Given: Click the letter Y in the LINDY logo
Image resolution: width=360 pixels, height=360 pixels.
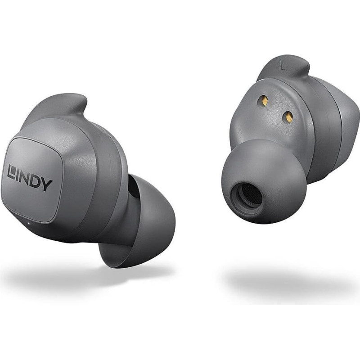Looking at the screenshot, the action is click(x=47, y=184).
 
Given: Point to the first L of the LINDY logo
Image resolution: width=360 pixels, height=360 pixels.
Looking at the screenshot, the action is click(x=11, y=172).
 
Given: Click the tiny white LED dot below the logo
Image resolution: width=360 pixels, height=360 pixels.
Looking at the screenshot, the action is click(x=28, y=223).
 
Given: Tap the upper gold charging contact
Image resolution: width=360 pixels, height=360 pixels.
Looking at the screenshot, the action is click(x=265, y=100).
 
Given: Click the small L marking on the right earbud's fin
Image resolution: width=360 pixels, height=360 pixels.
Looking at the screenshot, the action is click(x=283, y=66).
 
